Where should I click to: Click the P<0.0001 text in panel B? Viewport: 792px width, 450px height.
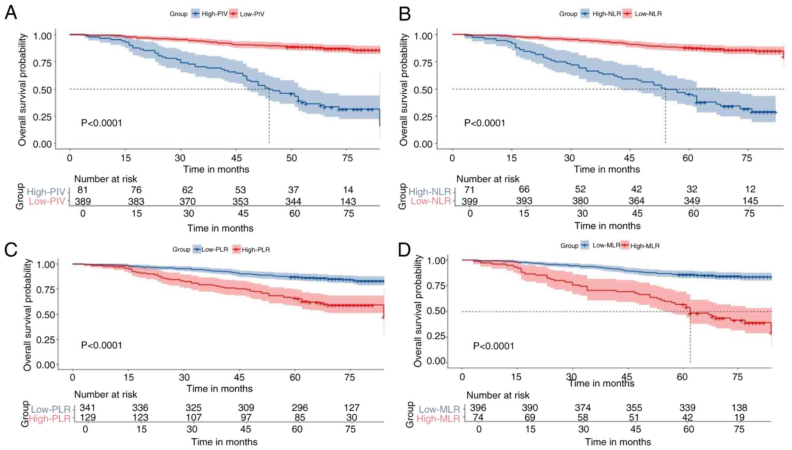click(484, 123)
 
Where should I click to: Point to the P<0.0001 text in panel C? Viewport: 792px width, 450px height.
click(101, 345)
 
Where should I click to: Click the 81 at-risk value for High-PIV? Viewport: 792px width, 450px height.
click(82, 190)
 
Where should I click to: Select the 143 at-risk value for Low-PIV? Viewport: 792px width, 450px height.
click(348, 201)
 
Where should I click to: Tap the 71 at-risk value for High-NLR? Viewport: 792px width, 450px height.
click(469, 189)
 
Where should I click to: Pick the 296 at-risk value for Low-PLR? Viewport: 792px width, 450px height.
click(299, 408)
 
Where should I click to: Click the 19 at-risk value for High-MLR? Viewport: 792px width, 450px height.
click(739, 418)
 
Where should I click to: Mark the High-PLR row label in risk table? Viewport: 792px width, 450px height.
click(50, 419)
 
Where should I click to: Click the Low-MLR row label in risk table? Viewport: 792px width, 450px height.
click(439, 409)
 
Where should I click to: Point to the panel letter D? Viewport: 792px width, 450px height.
click(404, 250)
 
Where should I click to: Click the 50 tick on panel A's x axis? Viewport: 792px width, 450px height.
click(292, 158)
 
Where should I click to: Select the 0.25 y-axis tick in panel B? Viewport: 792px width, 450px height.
click(423, 116)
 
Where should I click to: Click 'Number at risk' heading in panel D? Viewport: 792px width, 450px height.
click(498, 395)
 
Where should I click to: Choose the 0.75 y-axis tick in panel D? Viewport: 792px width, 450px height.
click(436, 286)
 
